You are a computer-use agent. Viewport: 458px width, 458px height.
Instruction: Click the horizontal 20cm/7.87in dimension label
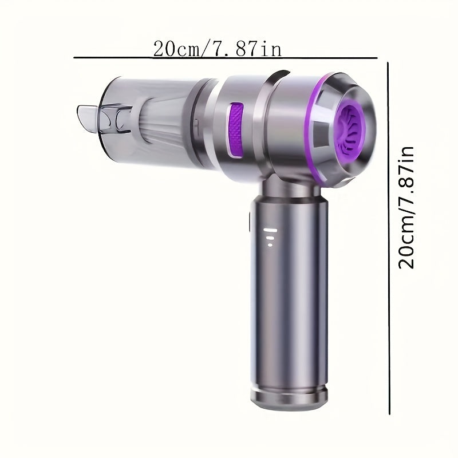tap(217, 49)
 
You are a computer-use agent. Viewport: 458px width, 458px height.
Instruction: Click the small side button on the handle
tap(250, 220)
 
